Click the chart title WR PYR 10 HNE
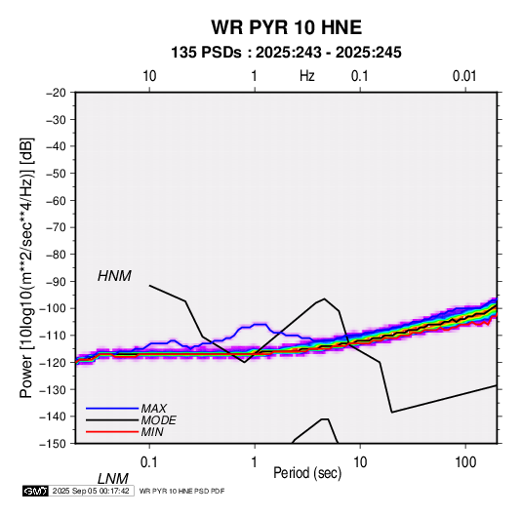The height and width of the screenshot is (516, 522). click(286, 27)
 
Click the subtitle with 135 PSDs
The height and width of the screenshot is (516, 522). click(286, 53)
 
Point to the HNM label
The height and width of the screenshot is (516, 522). click(114, 276)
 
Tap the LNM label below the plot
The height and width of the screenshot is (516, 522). click(113, 479)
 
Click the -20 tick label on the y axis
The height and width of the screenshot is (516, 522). click(56, 93)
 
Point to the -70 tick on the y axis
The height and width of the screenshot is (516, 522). click(56, 227)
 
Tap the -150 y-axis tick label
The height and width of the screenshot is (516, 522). click(53, 444)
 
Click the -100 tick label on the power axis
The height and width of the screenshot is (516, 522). click(53, 308)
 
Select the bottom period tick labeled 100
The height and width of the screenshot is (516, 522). click(465, 462)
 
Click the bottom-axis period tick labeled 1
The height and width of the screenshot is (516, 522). click(255, 462)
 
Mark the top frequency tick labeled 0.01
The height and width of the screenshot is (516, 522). click(464, 76)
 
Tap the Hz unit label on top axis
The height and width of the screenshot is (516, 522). click(307, 76)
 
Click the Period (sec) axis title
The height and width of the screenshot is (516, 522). click(307, 472)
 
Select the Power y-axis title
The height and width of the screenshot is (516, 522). click(26, 267)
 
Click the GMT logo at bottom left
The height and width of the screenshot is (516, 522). click(35, 491)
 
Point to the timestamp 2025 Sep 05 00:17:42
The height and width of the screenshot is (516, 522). click(91, 491)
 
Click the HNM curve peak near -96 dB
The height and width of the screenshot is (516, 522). click(324, 298)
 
